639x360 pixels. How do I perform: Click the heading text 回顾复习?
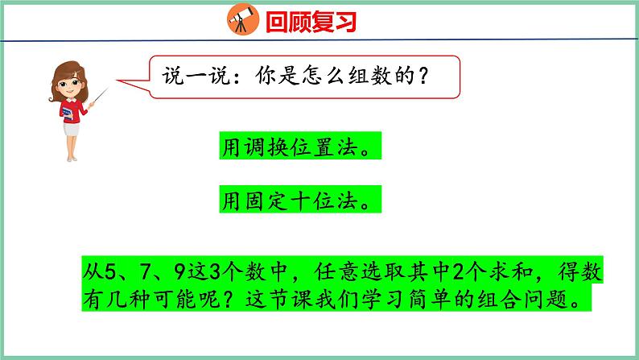(x=308, y=20)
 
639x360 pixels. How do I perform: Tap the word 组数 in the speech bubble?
(x=363, y=77)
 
